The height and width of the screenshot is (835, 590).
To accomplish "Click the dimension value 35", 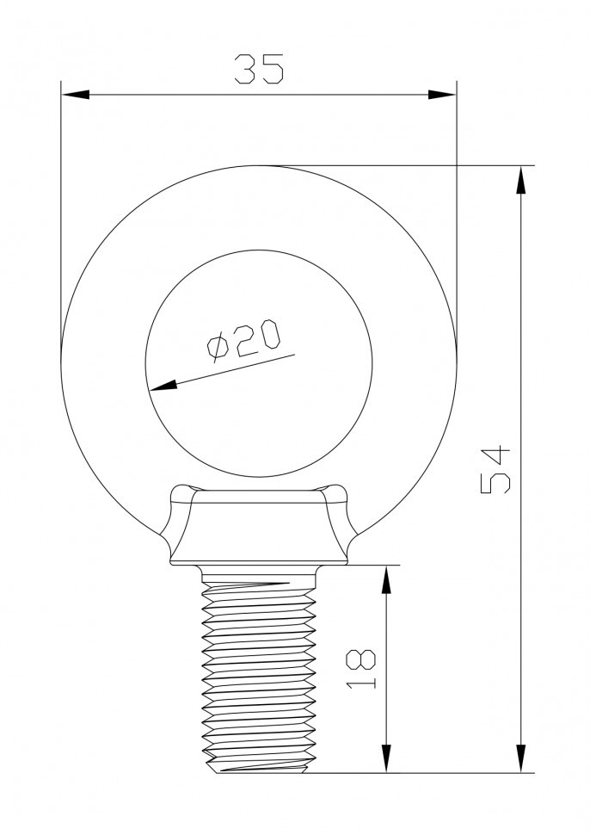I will coord(259,69).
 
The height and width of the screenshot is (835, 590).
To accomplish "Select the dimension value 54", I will coord(496,470).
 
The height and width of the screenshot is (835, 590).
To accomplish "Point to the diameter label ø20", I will coord(243,338).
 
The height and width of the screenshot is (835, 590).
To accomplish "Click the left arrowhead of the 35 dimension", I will coord(74,94).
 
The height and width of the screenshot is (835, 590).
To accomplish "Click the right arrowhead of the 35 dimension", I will coord(443,94).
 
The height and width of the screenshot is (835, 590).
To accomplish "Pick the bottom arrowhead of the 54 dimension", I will coord(520,759).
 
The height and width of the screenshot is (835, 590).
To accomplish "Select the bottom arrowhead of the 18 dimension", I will coord(386,759).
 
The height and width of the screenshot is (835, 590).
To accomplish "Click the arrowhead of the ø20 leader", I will coord(163,386).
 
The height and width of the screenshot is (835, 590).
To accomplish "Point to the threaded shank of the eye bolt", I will coord(259,671).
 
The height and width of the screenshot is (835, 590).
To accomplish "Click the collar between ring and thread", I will coord(259,525).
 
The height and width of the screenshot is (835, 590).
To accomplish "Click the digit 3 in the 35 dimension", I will coord(246,69).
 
